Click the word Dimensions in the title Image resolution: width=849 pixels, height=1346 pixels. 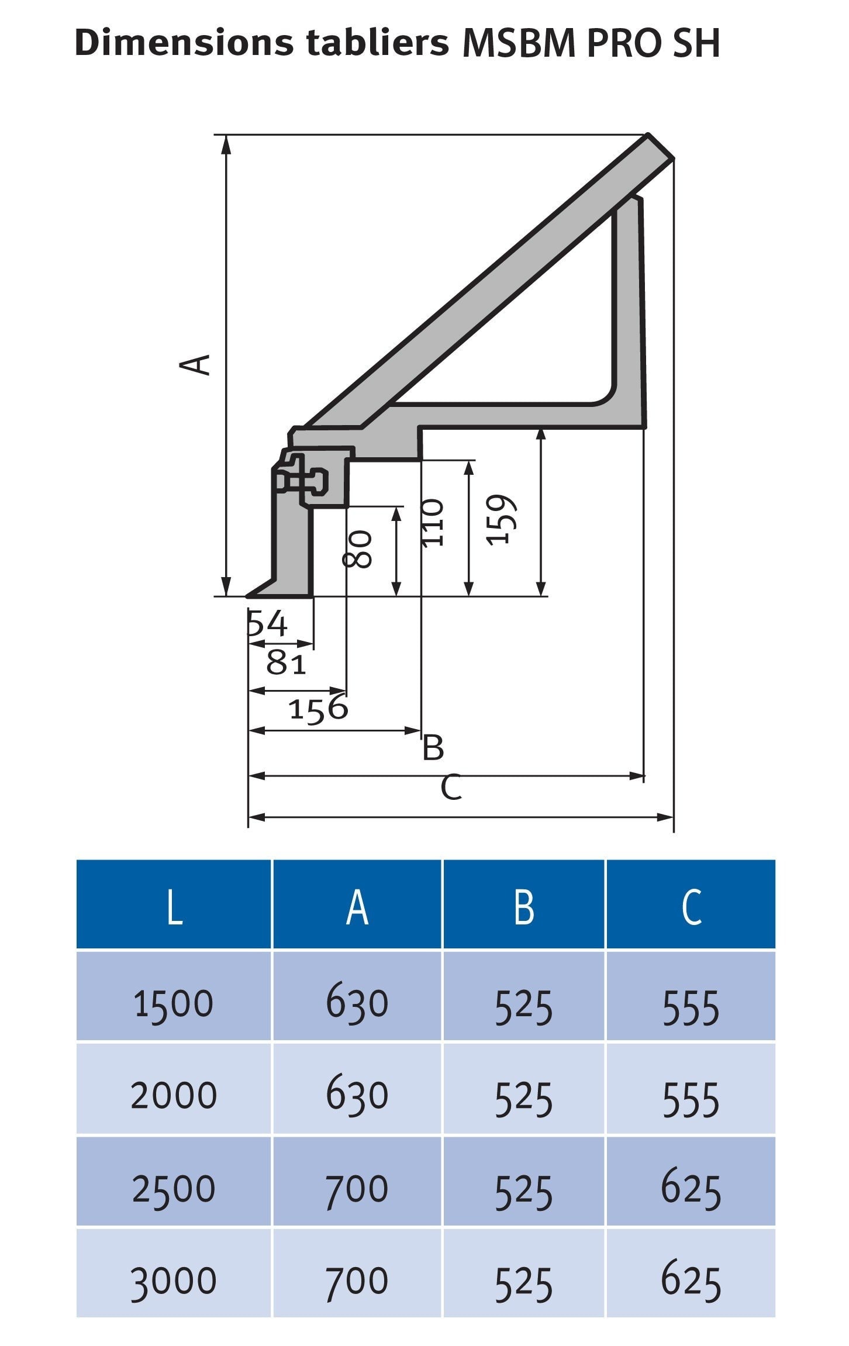click(x=185, y=43)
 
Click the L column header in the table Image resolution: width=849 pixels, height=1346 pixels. click(x=174, y=908)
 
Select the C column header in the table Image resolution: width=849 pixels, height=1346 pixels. click(x=691, y=908)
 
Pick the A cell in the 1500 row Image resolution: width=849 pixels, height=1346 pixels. click(x=357, y=1002)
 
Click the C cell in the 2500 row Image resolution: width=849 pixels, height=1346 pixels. click(x=691, y=1189)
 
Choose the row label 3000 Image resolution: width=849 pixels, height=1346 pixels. click(x=174, y=1281)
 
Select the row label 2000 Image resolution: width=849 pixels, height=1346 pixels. click(x=174, y=1095)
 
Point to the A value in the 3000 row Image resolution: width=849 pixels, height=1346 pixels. click(x=357, y=1281)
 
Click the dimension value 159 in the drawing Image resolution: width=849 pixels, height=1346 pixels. click(x=502, y=520)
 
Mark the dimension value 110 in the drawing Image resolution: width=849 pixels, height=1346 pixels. click(x=433, y=523)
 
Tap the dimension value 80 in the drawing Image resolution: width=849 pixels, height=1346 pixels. click(x=357, y=549)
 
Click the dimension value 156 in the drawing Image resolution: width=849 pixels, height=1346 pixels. click(x=319, y=709)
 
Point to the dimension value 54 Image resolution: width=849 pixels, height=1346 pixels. click(x=268, y=623)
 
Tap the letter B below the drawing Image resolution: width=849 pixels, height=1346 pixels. click(x=433, y=748)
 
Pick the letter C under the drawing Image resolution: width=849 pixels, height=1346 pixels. click(x=451, y=787)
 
